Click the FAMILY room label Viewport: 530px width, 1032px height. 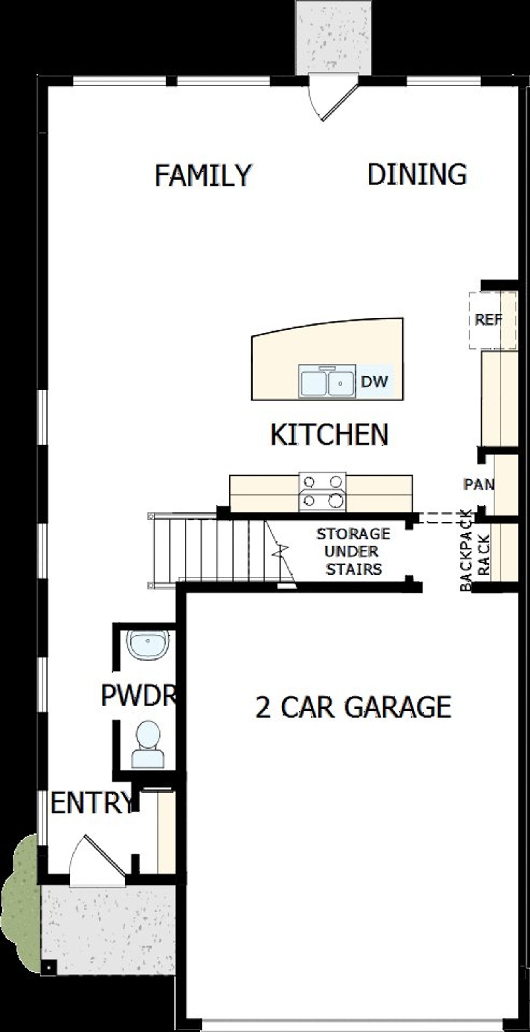click(203, 175)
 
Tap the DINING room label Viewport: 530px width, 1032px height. click(417, 174)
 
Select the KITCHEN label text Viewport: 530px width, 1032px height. click(329, 434)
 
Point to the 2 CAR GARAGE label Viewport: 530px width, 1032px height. click(353, 707)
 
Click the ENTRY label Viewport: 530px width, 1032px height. click(92, 802)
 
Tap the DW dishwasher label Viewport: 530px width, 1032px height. click(374, 381)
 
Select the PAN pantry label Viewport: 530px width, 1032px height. click(479, 484)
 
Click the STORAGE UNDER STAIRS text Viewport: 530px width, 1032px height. click(353, 551)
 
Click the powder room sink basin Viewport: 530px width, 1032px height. click(148, 644)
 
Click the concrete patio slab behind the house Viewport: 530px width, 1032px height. click(334, 37)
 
